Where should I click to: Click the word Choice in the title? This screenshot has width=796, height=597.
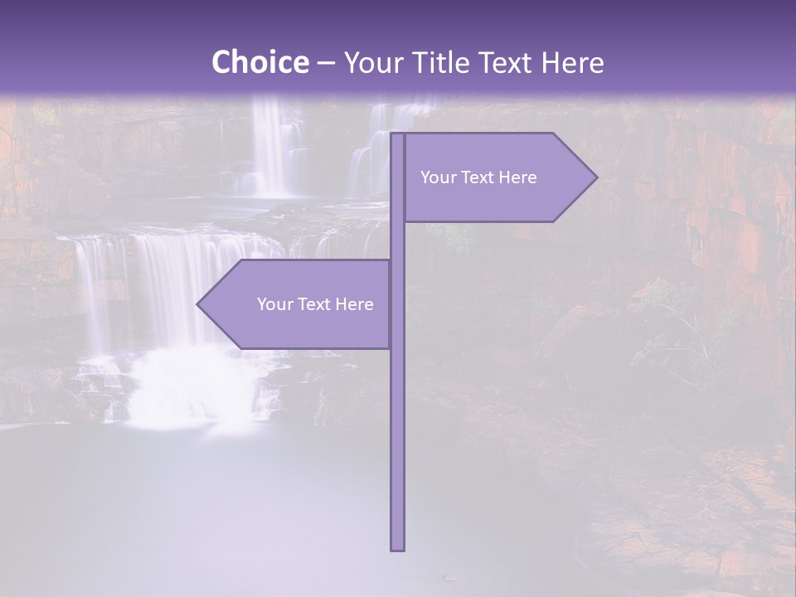tap(259, 63)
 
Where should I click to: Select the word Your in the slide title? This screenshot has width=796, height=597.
tap(372, 63)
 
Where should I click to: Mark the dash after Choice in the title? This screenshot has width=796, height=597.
tap(326, 63)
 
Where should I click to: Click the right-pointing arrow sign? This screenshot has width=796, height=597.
tap(498, 177)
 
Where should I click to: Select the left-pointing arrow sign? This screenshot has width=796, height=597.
tap(298, 304)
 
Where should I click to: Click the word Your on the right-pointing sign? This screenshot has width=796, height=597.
tap(438, 177)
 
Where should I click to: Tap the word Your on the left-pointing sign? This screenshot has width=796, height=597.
tap(274, 304)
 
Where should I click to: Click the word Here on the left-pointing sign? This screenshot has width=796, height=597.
tap(354, 304)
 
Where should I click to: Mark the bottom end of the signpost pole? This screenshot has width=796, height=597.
tap(397, 546)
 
